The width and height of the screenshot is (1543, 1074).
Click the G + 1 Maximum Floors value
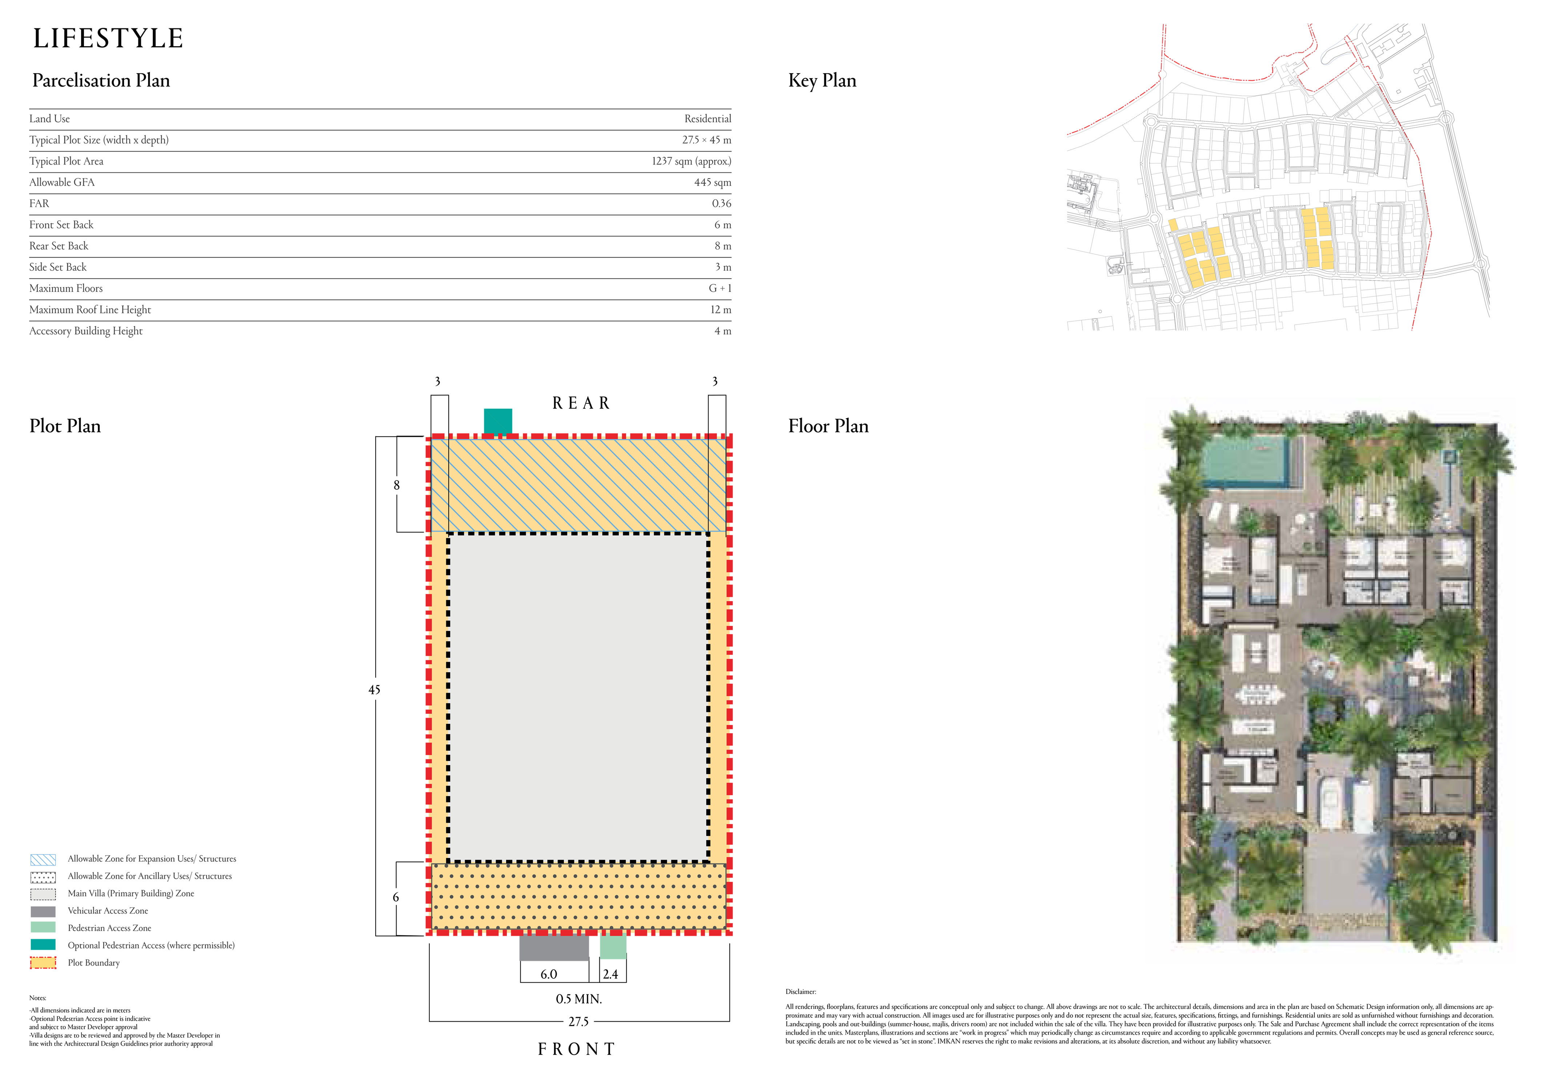pyautogui.click(x=720, y=288)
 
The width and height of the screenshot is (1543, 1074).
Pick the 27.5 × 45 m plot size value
pyautogui.click(x=706, y=140)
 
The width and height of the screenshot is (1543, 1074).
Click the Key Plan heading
pyautogui.click(x=822, y=81)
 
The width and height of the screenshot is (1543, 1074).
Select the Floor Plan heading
pyautogui.click(x=828, y=426)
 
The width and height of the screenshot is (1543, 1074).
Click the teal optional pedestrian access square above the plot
pyautogui.click(x=498, y=422)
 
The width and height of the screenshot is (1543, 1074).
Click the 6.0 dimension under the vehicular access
pyautogui.click(x=548, y=974)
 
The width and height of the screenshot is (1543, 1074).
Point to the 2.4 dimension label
pyautogui.click(x=610, y=974)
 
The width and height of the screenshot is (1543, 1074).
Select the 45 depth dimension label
pyautogui.click(x=374, y=690)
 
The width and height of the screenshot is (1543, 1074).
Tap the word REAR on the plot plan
pyautogui.click(x=581, y=403)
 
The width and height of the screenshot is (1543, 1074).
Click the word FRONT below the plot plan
pyautogui.click(x=577, y=1049)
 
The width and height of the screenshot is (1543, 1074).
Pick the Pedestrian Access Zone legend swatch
pyautogui.click(x=43, y=927)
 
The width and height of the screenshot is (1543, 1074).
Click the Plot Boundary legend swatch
pyautogui.click(x=43, y=962)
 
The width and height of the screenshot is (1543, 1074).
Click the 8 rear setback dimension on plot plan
pyautogui.click(x=397, y=484)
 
